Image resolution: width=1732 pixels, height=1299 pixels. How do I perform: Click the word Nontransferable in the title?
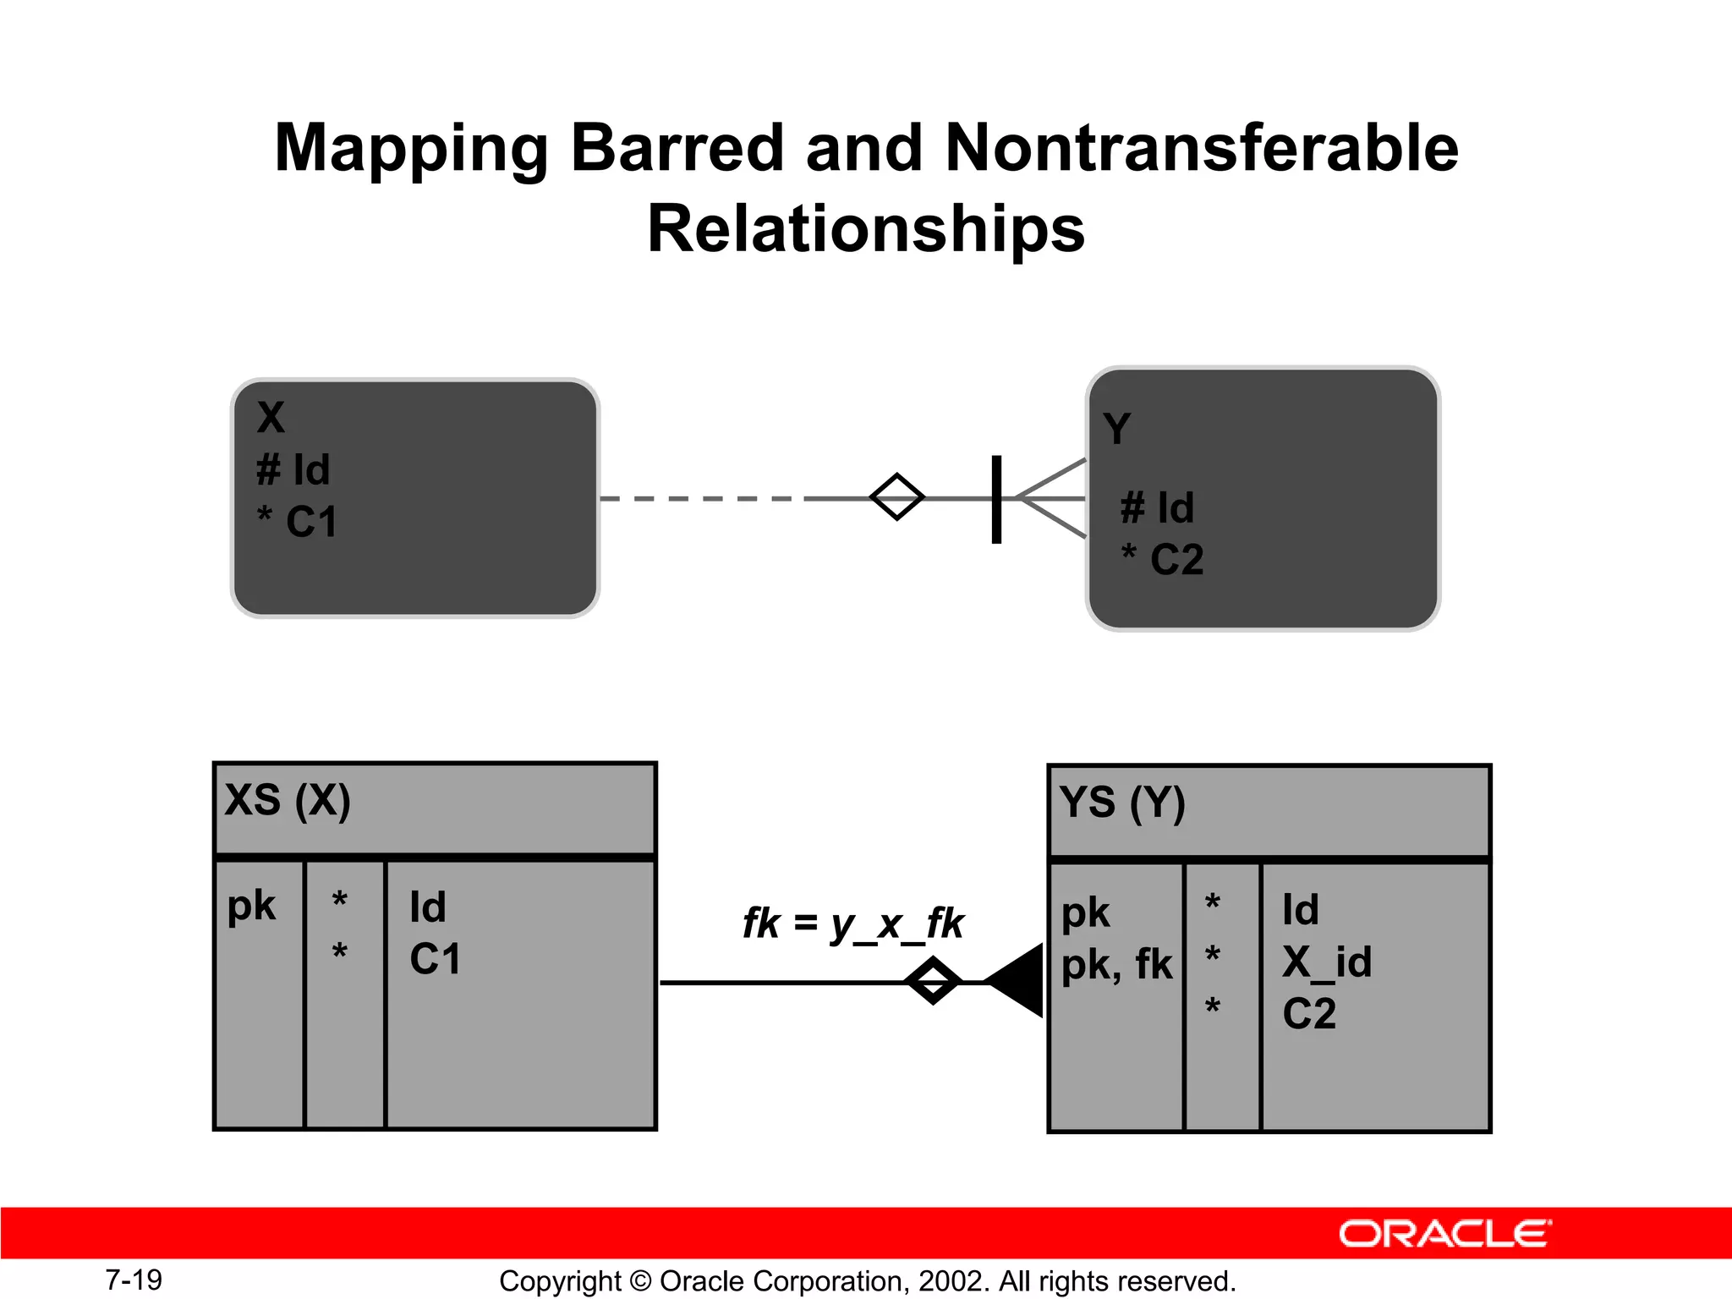click(x=1201, y=148)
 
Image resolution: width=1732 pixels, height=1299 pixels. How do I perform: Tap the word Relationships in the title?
click(x=866, y=229)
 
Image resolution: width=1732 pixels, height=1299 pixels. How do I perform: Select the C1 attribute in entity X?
click(x=299, y=522)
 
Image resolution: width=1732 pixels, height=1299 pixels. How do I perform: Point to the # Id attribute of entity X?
click(x=293, y=469)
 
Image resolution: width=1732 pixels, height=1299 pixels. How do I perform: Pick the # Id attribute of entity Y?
click(x=1158, y=507)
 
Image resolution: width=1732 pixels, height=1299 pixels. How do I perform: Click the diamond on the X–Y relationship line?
click(x=897, y=497)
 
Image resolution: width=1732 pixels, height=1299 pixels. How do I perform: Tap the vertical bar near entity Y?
click(x=996, y=499)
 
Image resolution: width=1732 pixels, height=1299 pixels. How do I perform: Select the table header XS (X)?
click(x=288, y=800)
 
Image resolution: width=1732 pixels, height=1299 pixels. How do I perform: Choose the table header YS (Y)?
click(x=1122, y=803)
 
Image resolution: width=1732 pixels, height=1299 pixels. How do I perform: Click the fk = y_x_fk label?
click(x=852, y=923)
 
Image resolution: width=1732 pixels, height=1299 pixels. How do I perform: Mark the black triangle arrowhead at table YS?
click(x=1017, y=981)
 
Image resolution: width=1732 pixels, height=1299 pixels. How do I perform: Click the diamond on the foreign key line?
click(x=933, y=981)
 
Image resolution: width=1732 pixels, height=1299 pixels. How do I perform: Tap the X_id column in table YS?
click(x=1326, y=962)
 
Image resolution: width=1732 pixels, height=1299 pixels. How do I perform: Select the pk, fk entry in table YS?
click(x=1116, y=964)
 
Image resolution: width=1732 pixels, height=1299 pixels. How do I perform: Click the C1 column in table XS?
click(x=436, y=959)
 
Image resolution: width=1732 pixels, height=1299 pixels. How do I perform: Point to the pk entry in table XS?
click(x=251, y=906)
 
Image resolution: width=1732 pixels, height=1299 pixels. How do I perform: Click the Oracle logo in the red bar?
click(x=1444, y=1234)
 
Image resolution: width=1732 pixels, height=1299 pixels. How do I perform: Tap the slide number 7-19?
click(x=134, y=1280)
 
